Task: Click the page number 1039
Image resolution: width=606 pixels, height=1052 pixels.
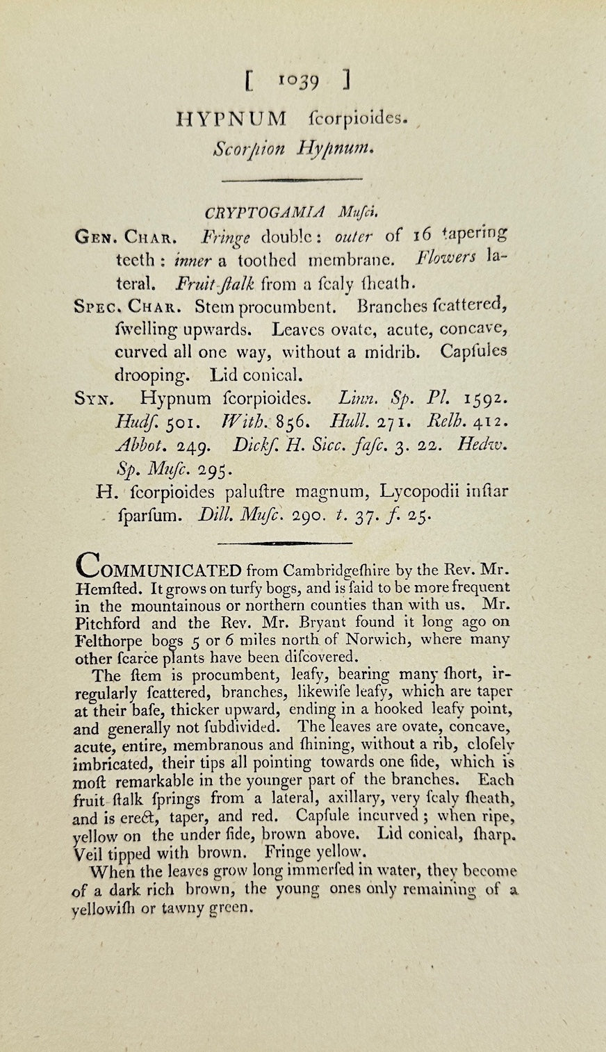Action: (x=300, y=82)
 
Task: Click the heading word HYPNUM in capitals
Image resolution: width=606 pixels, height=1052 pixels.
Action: (x=231, y=120)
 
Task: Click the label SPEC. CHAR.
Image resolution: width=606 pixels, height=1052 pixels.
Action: (x=128, y=306)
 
